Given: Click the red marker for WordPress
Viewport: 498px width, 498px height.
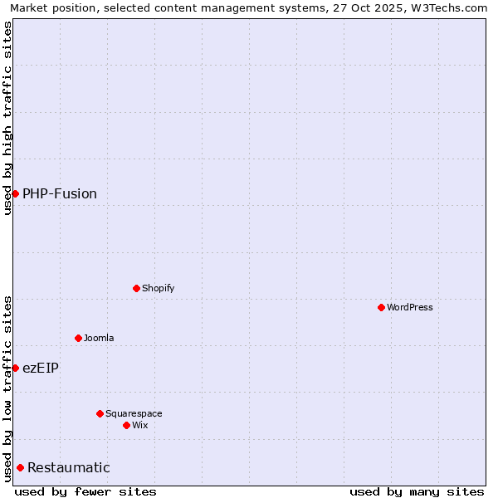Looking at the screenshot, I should [x=381, y=307].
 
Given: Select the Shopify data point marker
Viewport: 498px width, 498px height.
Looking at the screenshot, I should [x=136, y=288].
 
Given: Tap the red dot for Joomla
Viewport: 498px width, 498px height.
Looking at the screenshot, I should [x=78, y=338].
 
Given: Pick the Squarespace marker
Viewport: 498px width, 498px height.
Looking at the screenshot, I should [x=100, y=413].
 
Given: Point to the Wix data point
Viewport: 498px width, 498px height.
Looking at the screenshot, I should [x=126, y=425].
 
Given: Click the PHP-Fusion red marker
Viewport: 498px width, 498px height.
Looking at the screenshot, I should [x=15, y=193].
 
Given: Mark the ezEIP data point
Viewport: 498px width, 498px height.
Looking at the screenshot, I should [x=15, y=368].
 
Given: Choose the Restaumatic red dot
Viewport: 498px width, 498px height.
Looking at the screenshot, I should [x=20, y=467].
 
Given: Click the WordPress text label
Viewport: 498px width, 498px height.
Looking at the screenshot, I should [x=410, y=307].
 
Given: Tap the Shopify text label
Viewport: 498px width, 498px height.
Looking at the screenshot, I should [x=158, y=288].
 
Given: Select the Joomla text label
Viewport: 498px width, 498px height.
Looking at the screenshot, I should [x=99, y=338].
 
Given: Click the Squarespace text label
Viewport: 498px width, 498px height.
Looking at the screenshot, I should [x=134, y=413].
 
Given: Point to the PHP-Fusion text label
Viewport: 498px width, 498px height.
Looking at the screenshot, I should [x=60, y=193].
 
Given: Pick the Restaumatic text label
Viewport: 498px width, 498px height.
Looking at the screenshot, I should [x=69, y=467].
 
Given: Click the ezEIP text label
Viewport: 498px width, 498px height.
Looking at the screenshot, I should [x=41, y=368].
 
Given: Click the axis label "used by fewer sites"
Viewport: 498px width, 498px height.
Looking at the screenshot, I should [x=85, y=491].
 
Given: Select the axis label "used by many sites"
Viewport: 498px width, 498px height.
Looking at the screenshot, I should [x=417, y=491].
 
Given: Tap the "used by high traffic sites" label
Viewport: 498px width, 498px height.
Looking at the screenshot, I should [x=7, y=118].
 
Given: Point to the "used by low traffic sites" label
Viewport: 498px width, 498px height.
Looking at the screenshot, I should [x=7, y=388].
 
